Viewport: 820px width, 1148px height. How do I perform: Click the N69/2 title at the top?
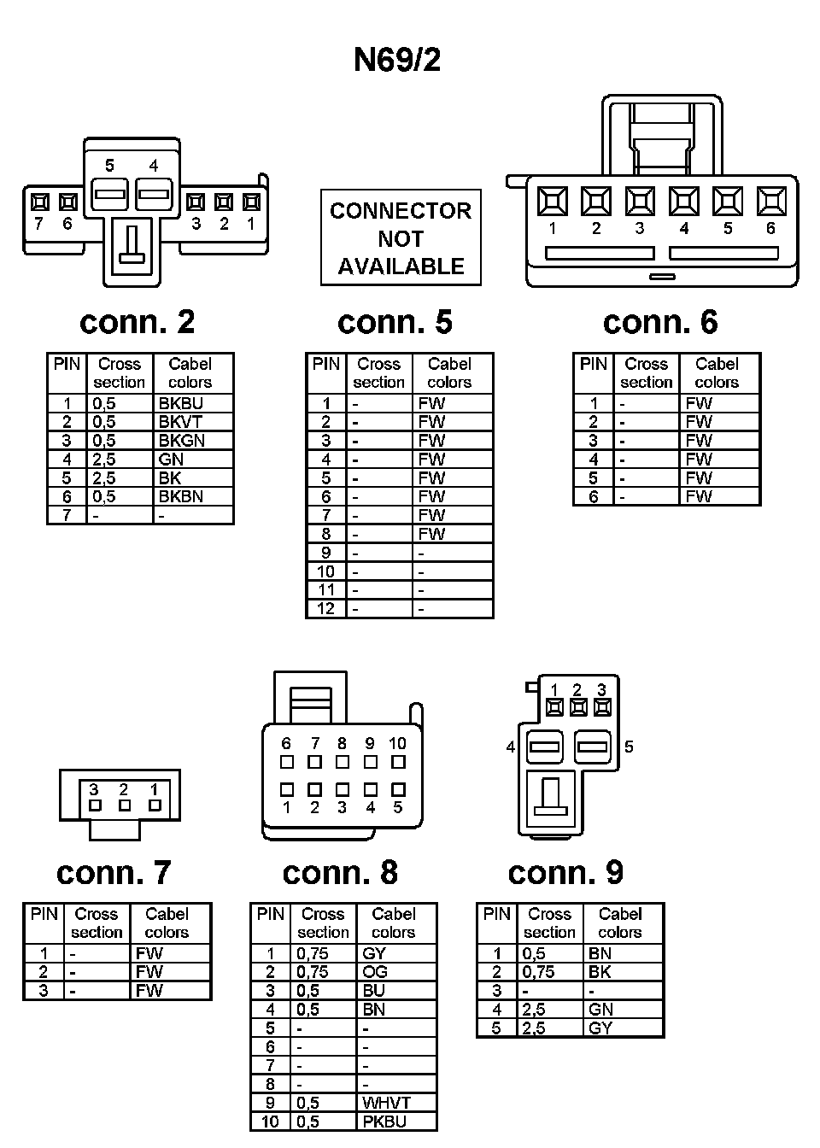(x=397, y=60)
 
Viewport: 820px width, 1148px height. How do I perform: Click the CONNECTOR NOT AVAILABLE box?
(x=401, y=238)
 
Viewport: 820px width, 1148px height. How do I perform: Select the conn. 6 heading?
(x=659, y=322)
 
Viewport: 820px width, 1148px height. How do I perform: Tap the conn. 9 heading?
(x=565, y=872)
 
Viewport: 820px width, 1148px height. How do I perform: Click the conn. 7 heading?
(x=114, y=872)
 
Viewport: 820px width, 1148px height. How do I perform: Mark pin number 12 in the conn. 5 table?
(x=325, y=609)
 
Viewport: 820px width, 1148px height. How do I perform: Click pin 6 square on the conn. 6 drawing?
(x=771, y=202)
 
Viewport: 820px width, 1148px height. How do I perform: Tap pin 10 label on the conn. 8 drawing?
(x=397, y=744)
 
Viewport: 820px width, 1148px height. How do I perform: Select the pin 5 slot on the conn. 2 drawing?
(x=109, y=194)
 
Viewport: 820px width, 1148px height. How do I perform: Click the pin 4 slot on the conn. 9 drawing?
(x=543, y=747)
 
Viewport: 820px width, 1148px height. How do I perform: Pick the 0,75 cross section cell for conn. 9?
(x=538, y=972)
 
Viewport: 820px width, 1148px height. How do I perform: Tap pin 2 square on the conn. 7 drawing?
(x=124, y=805)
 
